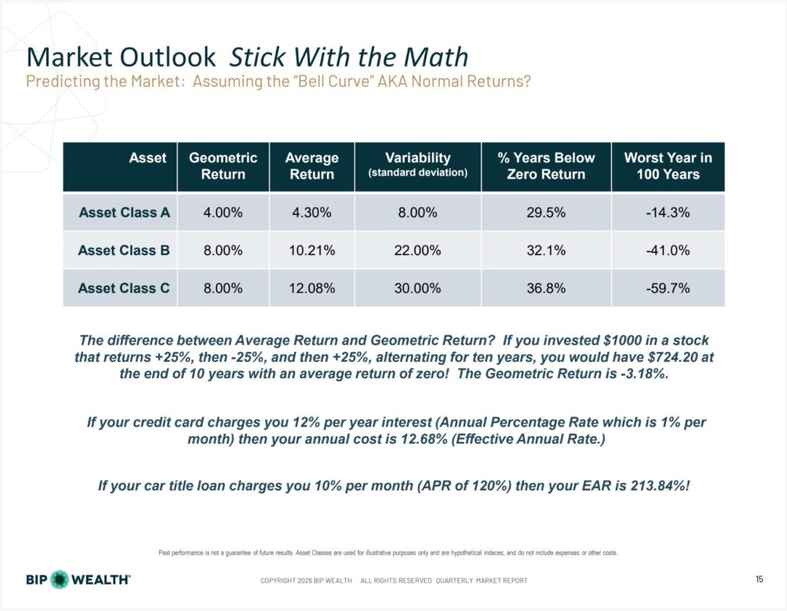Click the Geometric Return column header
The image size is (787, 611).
point(223,166)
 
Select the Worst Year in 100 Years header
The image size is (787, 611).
point(668,166)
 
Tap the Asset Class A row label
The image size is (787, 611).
point(124,212)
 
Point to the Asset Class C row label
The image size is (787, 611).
point(124,288)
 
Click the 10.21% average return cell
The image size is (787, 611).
point(312,250)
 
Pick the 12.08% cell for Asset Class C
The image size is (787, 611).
point(312,288)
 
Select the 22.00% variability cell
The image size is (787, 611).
point(417,250)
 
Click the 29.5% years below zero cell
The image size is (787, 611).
point(546,212)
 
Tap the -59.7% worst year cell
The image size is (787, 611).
point(668,288)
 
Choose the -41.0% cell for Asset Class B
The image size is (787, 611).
point(668,250)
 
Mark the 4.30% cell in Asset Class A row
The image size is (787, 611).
point(312,212)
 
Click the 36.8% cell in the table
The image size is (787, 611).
point(546,288)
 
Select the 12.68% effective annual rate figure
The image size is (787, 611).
point(423,439)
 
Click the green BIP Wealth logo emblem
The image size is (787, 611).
point(60,579)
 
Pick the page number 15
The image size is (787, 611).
point(759,579)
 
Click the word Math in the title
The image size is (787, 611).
point(436,57)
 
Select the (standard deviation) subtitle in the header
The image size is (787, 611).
point(417,173)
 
